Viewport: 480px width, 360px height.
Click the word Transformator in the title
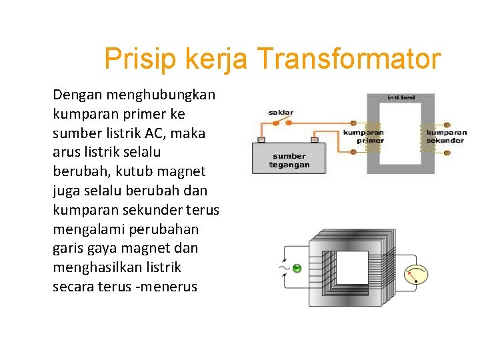[x=348, y=59]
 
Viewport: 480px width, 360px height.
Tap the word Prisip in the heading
[x=139, y=59]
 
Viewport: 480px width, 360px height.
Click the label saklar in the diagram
[x=281, y=113]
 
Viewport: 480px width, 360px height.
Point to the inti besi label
[x=401, y=97]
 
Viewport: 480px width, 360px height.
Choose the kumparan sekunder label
[x=446, y=136]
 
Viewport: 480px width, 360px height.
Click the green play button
[x=297, y=268]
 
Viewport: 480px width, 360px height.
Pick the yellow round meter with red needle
[x=416, y=274]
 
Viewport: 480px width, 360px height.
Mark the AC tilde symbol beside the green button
[x=284, y=269]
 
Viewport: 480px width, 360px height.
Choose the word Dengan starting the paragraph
[x=74, y=95]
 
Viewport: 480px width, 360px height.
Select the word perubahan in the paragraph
[x=161, y=229]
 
